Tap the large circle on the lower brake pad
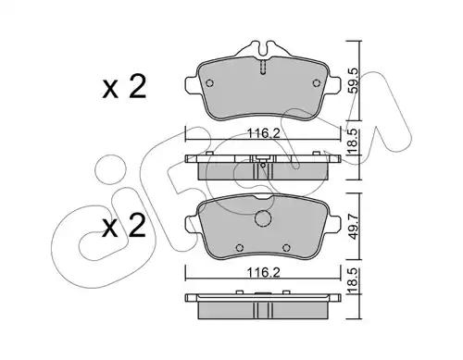[x=265, y=219]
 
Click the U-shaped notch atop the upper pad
[x=264, y=49]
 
